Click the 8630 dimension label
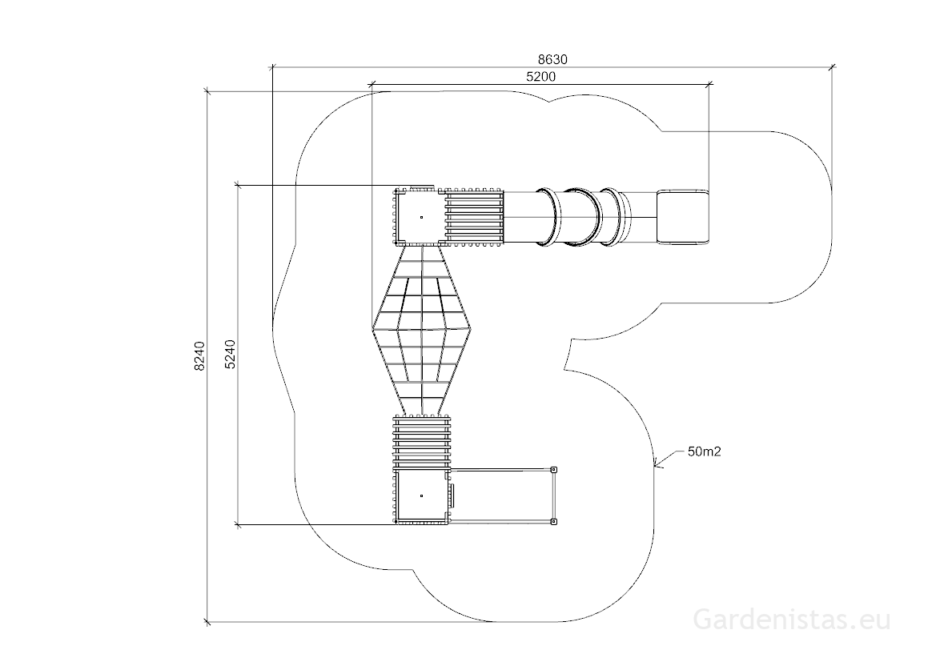552,60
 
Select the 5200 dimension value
540,77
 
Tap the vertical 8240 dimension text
200,355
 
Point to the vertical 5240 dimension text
231,355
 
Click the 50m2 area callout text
705,452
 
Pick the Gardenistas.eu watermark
792,620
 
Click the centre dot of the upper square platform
421,217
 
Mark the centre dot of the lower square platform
421,495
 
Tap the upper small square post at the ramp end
553,470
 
